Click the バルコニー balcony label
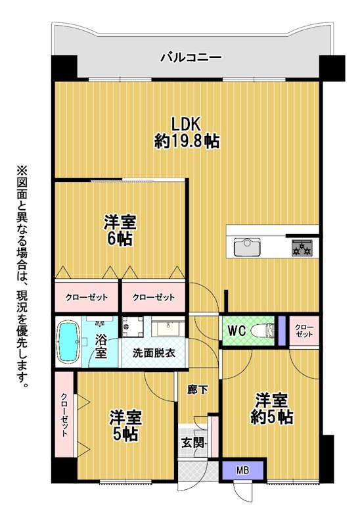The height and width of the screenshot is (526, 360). coord(191,57)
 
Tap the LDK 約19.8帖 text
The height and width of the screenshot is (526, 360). coord(187,133)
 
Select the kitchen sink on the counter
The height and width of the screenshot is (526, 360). coord(247,247)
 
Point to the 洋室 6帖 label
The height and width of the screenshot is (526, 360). coord(120,231)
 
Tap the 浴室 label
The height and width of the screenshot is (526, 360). coord(101,347)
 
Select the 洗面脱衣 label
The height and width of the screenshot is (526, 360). coord(154,353)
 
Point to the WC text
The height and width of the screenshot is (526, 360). coord(237,331)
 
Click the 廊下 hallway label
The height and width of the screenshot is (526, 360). coord(198,390)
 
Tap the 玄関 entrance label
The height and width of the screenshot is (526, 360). coord(192,443)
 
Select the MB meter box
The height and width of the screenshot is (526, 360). coord(242,470)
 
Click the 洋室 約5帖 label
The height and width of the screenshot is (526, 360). coord(272,408)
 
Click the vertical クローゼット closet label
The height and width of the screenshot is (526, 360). coord(64,415)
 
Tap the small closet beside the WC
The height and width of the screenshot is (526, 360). coord(304,331)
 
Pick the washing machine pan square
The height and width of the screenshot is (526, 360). coord(133,326)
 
